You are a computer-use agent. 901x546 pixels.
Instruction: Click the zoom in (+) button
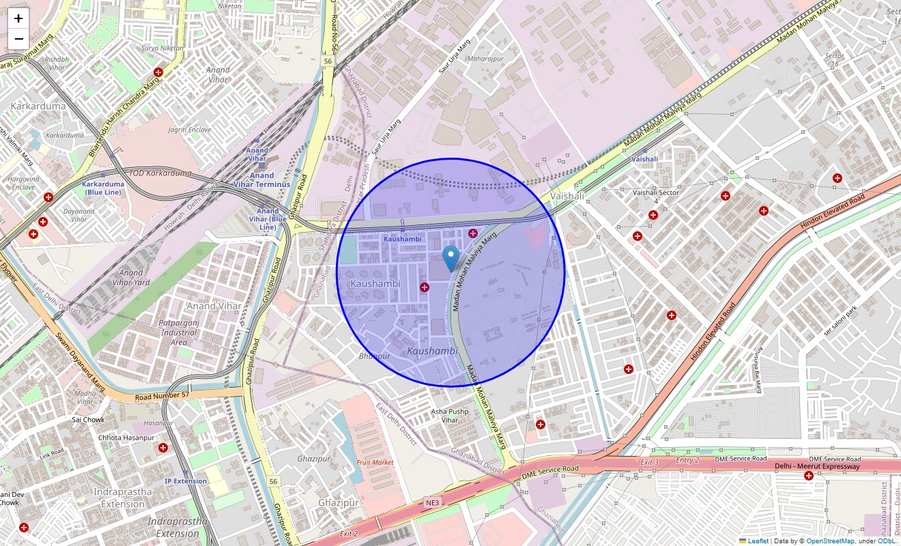[18, 18]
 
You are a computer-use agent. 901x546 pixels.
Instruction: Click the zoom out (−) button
[18, 39]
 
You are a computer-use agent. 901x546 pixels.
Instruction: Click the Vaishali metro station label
[644, 159]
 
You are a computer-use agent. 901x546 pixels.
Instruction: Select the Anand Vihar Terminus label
[262, 179]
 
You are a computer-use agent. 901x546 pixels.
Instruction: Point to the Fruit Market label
[375, 462]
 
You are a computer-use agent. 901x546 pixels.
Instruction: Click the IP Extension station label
[185, 481]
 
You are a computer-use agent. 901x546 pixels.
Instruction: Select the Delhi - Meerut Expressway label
[817, 467]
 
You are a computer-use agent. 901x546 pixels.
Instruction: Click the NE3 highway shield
[433, 503]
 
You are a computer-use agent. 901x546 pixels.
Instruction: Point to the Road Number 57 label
[162, 395]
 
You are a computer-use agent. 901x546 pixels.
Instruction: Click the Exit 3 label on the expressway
[649, 462]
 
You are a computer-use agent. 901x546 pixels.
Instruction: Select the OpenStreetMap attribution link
[830, 541]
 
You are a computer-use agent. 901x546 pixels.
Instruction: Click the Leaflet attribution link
[758, 541]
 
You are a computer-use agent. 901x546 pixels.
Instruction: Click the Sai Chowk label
[89, 420]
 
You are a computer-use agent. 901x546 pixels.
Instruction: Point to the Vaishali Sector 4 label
[656, 197]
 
